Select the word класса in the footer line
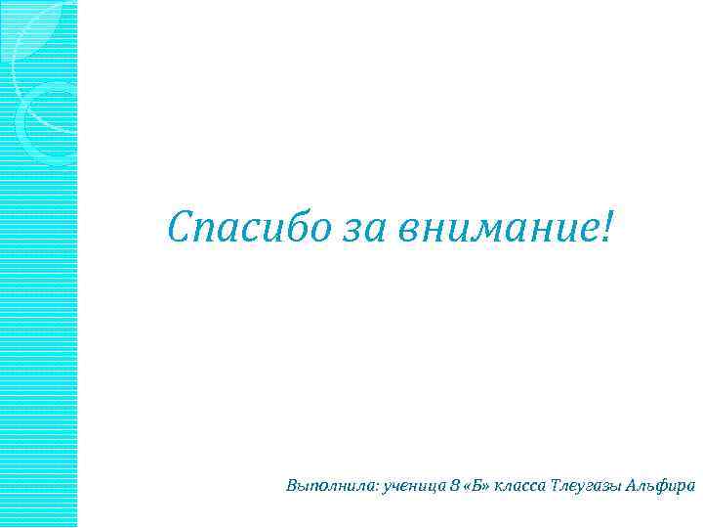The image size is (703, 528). pos(523,486)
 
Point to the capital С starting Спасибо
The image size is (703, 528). pos(180,227)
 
